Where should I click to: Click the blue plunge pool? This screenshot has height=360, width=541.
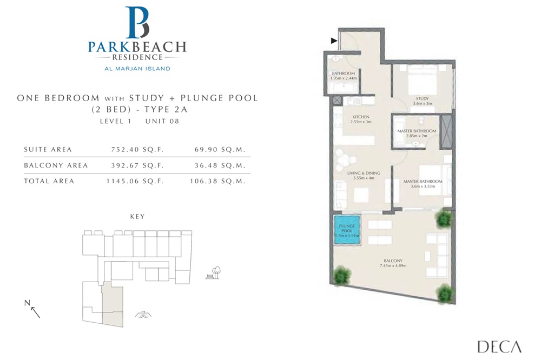pos(346,231)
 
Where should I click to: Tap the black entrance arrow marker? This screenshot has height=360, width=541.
pos(334,41)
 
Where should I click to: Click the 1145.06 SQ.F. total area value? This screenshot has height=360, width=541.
pos(134,181)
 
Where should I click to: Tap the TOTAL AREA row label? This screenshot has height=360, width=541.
pos(49,181)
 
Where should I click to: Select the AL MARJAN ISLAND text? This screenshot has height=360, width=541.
pos(137,69)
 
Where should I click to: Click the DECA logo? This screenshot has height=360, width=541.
pos(499,346)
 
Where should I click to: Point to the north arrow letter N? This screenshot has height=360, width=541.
pos(27,303)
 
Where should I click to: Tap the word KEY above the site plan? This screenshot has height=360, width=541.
pos(137,216)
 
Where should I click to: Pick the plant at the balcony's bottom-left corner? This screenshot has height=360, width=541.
pos(341,276)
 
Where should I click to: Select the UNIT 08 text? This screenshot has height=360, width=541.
pos(162,121)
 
